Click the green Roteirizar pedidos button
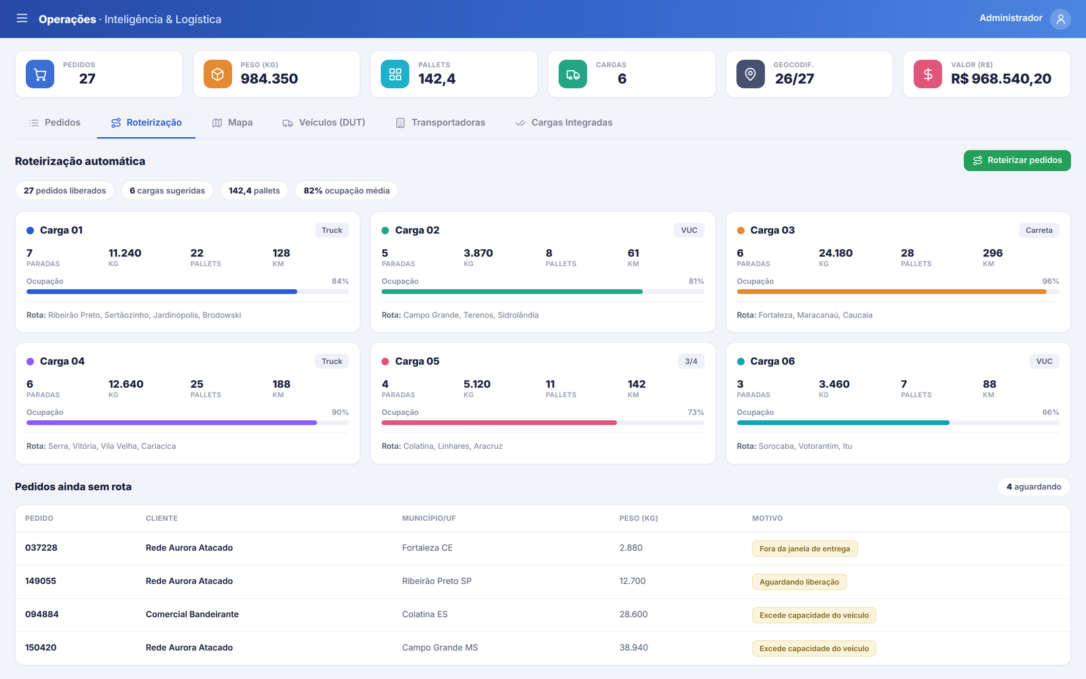pyautogui.click(x=1017, y=160)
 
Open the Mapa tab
pyautogui.click(x=232, y=123)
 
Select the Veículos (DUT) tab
pyautogui.click(x=324, y=123)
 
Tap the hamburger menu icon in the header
pyautogui.click(x=22, y=18)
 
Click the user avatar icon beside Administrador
pyautogui.click(x=1060, y=19)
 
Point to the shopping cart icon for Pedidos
pyautogui.click(x=40, y=74)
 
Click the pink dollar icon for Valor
pyautogui.click(x=927, y=74)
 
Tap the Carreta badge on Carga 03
pyautogui.click(x=1039, y=230)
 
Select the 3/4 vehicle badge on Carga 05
pyautogui.click(x=691, y=361)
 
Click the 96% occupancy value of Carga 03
pyautogui.click(x=1051, y=281)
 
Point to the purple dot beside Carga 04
pyautogui.click(x=30, y=361)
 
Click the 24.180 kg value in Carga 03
pyautogui.click(x=836, y=253)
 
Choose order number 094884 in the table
pyautogui.click(x=41, y=614)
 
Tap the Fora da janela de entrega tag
pyautogui.click(x=805, y=549)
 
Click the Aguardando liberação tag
pyautogui.click(x=799, y=582)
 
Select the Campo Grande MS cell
pyautogui.click(x=440, y=648)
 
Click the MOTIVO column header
pyautogui.click(x=767, y=518)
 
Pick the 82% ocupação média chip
pyautogui.click(x=346, y=191)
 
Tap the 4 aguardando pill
pyautogui.click(x=1034, y=486)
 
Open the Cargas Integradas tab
pyautogui.click(x=563, y=123)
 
